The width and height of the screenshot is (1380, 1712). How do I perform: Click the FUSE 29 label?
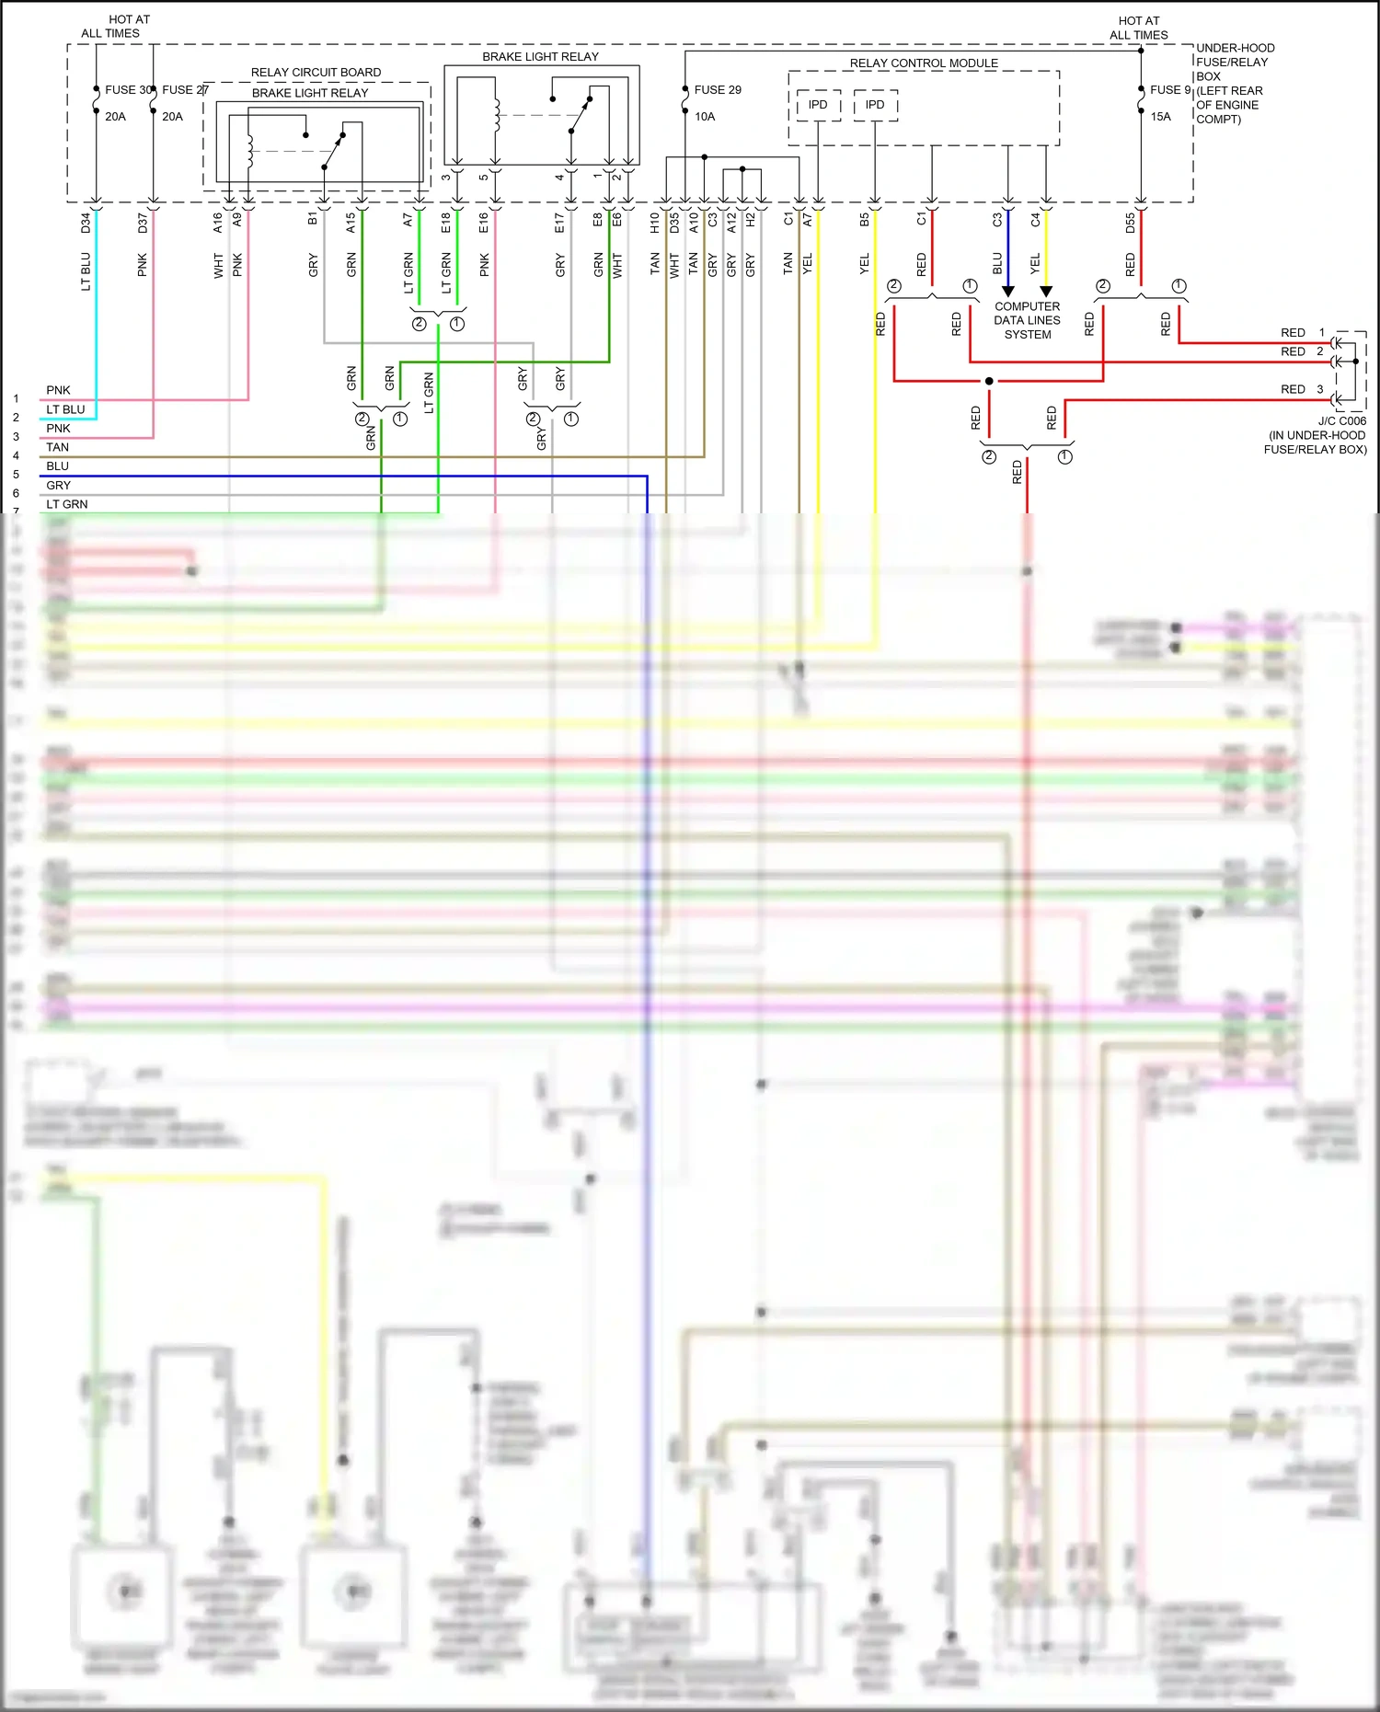point(718,90)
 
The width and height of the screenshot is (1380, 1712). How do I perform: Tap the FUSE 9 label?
point(1170,90)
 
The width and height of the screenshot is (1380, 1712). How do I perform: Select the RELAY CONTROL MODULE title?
point(924,63)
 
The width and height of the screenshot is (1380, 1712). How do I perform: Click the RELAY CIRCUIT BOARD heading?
point(316,73)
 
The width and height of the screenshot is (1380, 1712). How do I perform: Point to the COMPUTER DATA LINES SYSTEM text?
point(1027,320)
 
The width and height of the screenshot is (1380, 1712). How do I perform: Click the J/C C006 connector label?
point(1341,421)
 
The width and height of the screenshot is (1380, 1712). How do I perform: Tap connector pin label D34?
point(86,223)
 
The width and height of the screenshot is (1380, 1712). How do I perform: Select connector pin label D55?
point(1130,223)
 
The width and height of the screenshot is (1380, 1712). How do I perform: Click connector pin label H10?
point(654,223)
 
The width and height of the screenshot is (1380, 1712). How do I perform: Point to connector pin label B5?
point(864,221)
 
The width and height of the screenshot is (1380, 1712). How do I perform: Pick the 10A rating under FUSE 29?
point(705,117)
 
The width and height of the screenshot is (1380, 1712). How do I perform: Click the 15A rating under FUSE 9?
point(1160,117)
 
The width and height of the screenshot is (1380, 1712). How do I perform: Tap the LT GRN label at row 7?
point(67,504)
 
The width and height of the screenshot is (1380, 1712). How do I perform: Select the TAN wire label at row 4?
point(57,447)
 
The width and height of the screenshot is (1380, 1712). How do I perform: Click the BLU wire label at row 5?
point(57,466)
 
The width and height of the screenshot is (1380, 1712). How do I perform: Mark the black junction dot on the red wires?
point(989,381)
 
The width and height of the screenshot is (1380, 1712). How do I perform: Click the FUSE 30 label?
point(128,90)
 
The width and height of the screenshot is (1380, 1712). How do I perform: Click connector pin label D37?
point(143,223)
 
